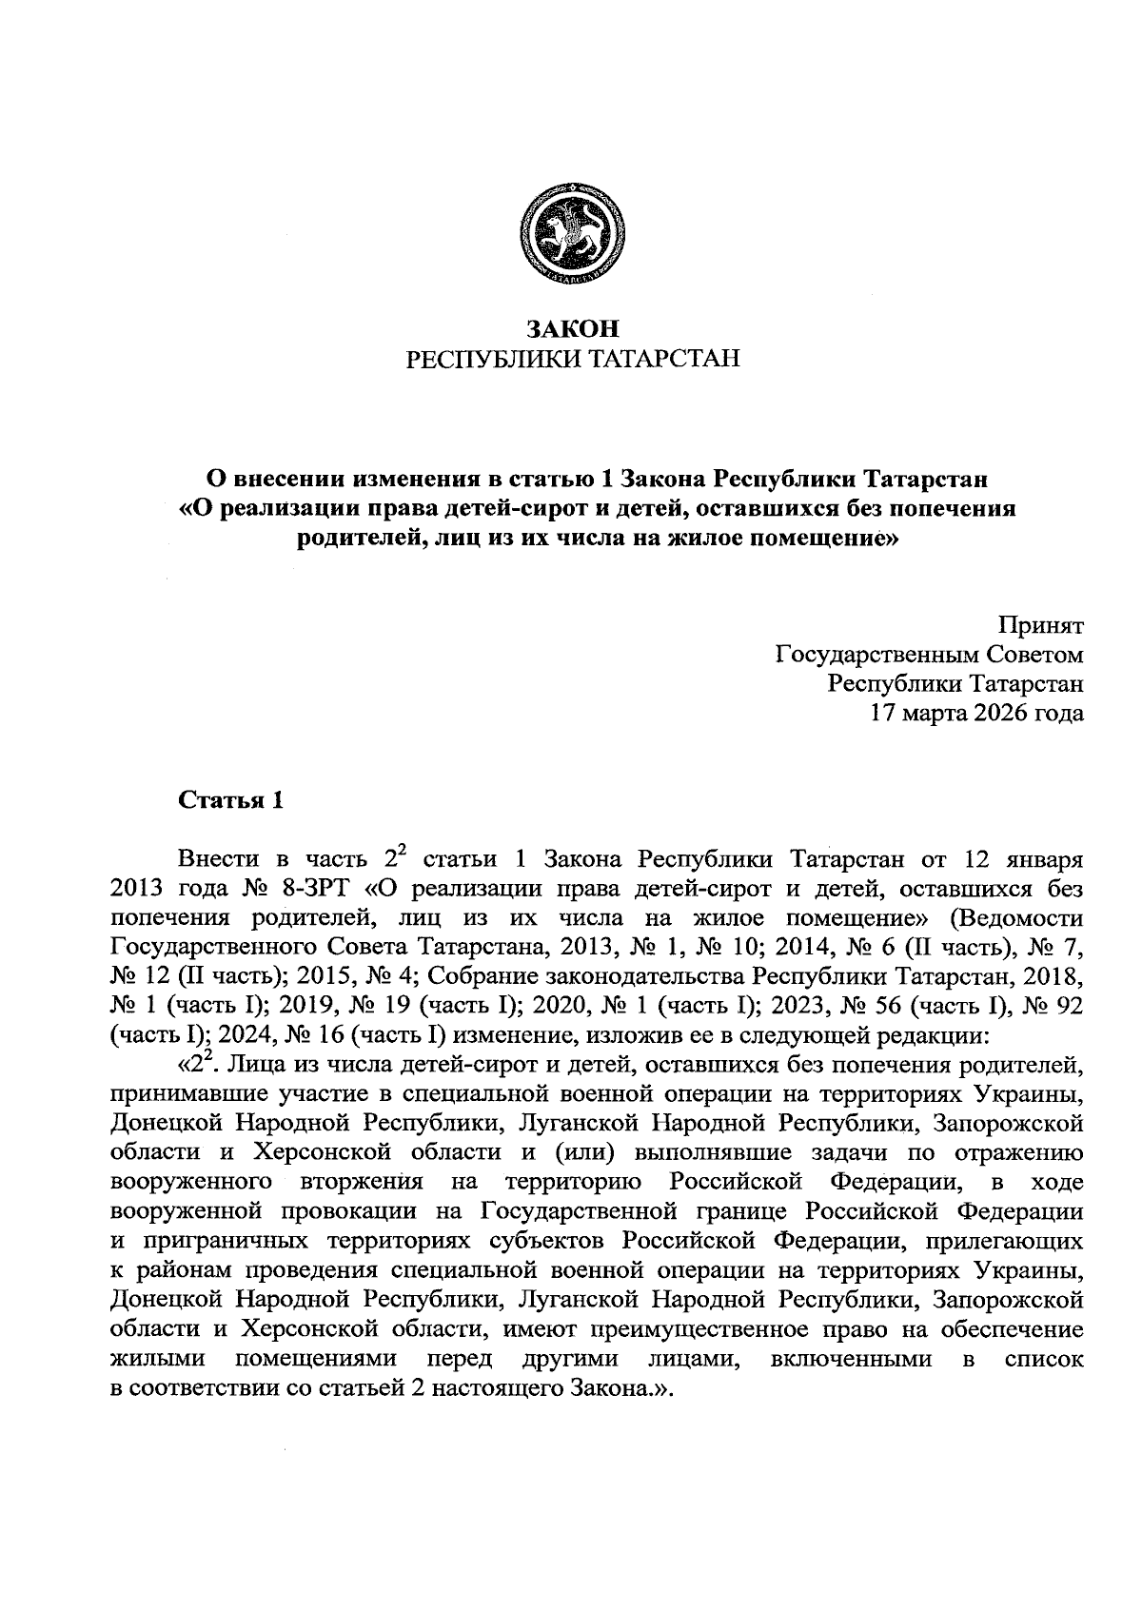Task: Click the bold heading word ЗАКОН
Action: coord(573,330)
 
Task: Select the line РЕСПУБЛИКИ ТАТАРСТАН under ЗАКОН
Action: coord(573,359)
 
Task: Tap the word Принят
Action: coord(1040,626)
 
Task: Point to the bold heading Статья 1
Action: coord(231,800)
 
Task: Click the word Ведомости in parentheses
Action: coord(1024,918)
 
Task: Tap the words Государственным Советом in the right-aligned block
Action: coord(930,655)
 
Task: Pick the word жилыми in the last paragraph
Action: coord(159,1359)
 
